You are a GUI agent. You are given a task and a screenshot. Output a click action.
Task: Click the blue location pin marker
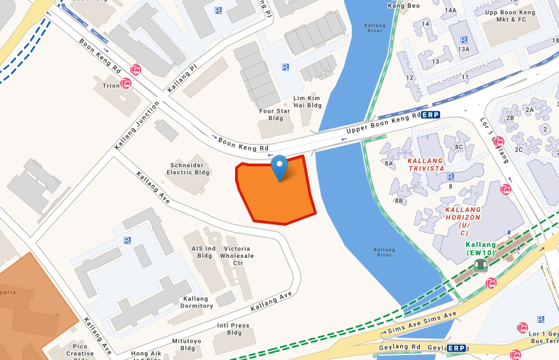[280, 167]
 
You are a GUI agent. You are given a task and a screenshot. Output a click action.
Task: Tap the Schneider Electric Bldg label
[187, 169]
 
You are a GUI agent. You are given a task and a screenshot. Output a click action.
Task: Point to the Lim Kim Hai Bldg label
[307, 101]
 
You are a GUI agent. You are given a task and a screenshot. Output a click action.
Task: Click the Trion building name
[111, 85]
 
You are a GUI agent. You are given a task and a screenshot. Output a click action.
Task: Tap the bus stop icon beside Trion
[126, 84]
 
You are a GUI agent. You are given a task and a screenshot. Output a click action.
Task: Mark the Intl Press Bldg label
[233, 329]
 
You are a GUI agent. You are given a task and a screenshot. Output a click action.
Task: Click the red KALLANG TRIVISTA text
[426, 164]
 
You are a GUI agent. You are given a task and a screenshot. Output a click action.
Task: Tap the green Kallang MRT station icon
[481, 265]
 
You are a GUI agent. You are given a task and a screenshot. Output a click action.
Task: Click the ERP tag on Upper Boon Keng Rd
[432, 114]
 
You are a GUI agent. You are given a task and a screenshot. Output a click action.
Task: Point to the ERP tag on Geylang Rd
[456, 348]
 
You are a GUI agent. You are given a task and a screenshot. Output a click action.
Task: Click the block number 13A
[463, 49]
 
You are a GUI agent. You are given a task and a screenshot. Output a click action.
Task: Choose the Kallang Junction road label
[132, 126]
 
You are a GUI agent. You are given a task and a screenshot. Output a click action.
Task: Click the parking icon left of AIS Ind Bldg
[127, 240]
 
